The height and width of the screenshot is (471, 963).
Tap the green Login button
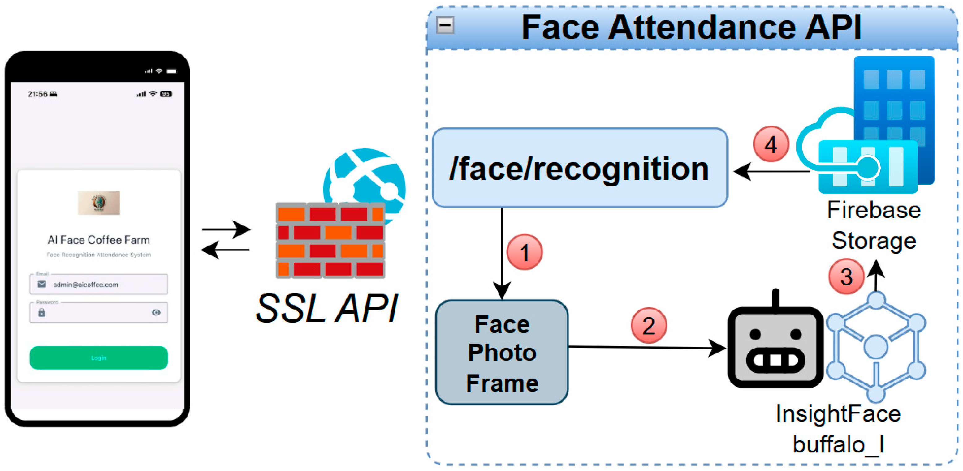click(99, 358)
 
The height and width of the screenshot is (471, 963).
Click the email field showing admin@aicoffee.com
click(99, 284)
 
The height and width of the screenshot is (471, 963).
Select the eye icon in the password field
click(156, 312)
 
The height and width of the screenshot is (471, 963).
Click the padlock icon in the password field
click(41, 312)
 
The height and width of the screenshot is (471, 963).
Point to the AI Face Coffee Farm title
click(99, 240)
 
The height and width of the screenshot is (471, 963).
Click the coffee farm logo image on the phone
click(99, 203)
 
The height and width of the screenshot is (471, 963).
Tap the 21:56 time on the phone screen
click(37, 94)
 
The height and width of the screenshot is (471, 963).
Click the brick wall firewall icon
click(330, 240)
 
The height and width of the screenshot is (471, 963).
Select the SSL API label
click(327, 308)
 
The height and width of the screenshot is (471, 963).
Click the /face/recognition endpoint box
click(580, 168)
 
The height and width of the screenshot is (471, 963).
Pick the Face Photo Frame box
click(502, 352)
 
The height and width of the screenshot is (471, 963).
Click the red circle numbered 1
click(524, 252)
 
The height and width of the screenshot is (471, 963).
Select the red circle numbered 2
click(648, 325)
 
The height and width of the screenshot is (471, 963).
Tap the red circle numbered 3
click(846, 276)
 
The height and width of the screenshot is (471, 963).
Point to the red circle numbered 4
click(771, 144)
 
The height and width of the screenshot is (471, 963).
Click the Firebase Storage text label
click(874, 225)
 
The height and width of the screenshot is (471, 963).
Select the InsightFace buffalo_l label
click(838, 429)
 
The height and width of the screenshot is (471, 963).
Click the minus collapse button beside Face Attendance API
click(445, 25)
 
